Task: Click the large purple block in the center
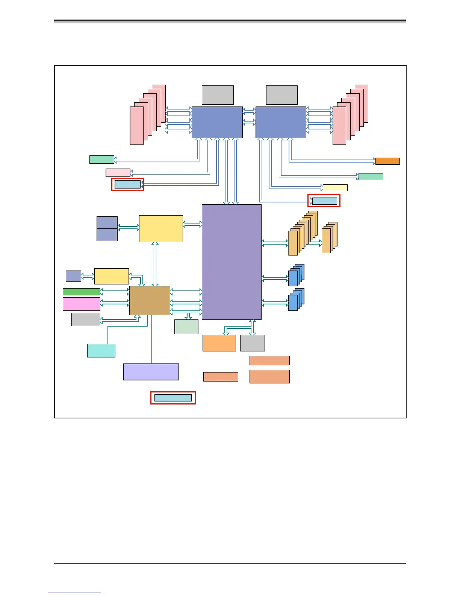232,262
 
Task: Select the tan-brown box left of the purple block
150,300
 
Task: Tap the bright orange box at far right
387,161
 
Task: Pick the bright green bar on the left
82,292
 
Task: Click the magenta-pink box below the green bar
82,304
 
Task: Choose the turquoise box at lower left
101,351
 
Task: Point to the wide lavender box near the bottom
151,372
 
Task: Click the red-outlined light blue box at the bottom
173,398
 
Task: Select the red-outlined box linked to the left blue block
128,184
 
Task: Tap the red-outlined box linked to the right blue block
324,201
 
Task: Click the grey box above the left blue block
218,95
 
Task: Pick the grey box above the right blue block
282,95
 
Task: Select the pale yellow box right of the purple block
335,188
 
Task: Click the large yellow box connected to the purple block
161,229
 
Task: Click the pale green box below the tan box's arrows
186,327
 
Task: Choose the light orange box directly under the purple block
219,343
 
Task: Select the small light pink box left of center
118,173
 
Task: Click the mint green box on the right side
371,176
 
